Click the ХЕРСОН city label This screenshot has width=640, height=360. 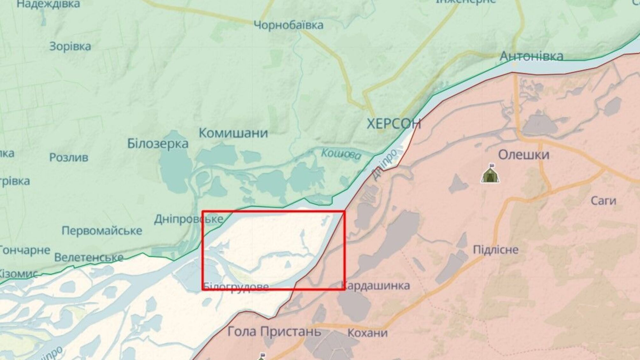tap(394, 124)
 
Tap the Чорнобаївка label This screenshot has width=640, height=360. tap(288, 25)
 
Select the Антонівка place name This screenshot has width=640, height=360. tap(531, 56)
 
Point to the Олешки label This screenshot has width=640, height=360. tap(523, 155)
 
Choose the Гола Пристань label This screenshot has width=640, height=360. tap(274, 332)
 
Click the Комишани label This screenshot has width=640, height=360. tap(233, 133)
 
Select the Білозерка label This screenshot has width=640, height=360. tap(158, 144)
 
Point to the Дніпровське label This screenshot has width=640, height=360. tap(188, 219)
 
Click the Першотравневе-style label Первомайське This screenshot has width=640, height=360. tap(102, 231)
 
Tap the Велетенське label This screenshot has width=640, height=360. tap(89, 257)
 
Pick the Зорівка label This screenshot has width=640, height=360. tap(70, 47)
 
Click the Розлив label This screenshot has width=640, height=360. tap(68, 157)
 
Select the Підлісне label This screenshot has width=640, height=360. tap(495, 249)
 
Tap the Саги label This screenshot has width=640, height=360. tap(603, 201)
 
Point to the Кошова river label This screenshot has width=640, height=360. tap(341, 154)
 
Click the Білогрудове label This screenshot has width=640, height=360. tap(236, 287)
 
